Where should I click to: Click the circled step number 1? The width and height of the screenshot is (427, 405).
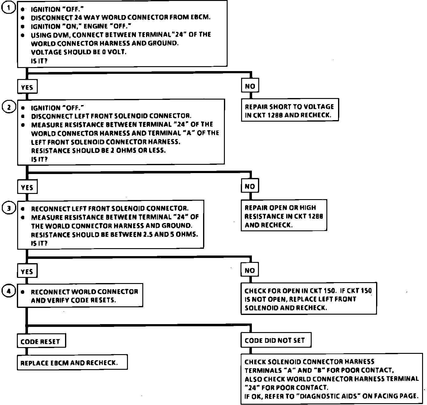tap(8, 8)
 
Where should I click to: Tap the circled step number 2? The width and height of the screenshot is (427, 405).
tap(8, 107)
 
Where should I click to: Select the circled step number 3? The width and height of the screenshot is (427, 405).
tap(8, 208)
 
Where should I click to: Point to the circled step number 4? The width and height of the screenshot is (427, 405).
tap(8, 291)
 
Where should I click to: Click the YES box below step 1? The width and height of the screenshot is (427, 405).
tap(27, 87)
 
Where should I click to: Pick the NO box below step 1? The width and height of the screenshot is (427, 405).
tap(250, 86)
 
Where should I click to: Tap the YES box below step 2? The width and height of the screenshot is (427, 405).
tap(27, 187)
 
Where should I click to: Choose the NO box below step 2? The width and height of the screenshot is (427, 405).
tap(250, 186)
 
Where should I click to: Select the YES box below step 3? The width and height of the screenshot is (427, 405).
tap(27, 271)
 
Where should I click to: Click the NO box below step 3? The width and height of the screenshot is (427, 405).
tap(250, 271)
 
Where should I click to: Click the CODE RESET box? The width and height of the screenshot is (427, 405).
tap(41, 342)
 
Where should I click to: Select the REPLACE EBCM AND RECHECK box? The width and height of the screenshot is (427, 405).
tap(72, 363)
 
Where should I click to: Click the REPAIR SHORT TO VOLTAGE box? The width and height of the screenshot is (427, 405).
tap(290, 111)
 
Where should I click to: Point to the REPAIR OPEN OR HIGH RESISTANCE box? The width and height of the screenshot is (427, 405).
tap(284, 216)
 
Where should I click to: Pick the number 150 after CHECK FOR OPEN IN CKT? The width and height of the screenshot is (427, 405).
tap(329, 291)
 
